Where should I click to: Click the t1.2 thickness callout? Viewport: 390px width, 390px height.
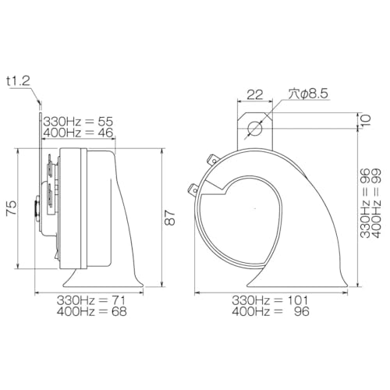[19, 82]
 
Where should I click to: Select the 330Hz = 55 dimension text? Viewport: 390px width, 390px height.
[78, 122]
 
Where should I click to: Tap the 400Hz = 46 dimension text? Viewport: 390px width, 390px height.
[78, 133]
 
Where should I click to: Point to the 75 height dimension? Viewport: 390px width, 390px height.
[12, 208]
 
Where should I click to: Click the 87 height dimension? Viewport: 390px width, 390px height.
[170, 218]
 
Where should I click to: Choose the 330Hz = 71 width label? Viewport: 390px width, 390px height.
[91, 300]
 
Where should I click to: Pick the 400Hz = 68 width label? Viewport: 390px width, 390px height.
[92, 311]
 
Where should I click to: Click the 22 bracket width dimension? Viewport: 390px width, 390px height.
[255, 95]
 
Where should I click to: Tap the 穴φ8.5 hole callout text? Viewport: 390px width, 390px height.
[308, 94]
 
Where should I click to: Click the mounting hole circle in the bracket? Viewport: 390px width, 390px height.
[255, 128]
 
